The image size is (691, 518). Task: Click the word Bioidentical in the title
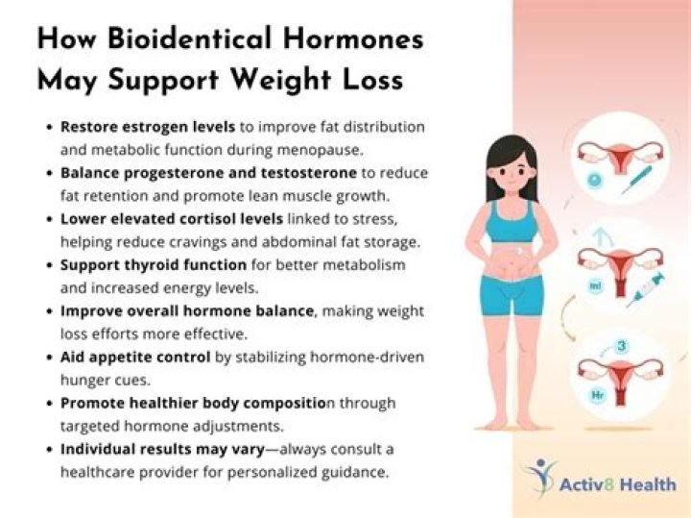pyautogui.click(x=189, y=37)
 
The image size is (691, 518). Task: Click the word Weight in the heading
pyautogui.click(x=280, y=80)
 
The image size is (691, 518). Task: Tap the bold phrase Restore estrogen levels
pyautogui.click(x=148, y=127)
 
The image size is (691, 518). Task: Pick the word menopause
pyautogui.click(x=320, y=151)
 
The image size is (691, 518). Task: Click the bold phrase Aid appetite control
pyautogui.click(x=135, y=357)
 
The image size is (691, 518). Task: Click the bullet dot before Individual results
pyautogui.click(x=50, y=450)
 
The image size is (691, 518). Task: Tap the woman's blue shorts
pyautogui.click(x=512, y=295)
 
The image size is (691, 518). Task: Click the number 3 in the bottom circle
pyautogui.click(x=621, y=346)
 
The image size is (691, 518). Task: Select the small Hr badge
pyautogui.click(x=598, y=395)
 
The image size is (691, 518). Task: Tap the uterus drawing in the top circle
pyautogui.click(x=621, y=157)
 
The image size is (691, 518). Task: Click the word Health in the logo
pyautogui.click(x=648, y=484)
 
